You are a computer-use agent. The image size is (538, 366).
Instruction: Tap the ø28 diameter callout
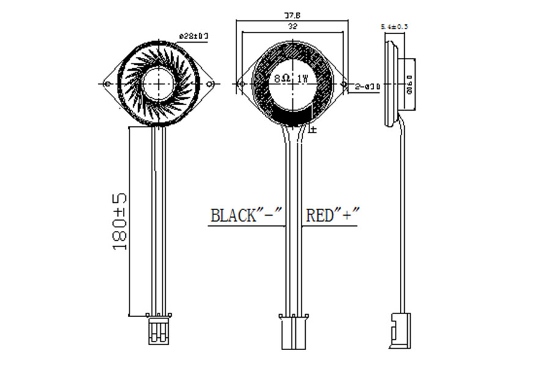[x=193, y=37]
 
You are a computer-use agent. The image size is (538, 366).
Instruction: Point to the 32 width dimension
[x=293, y=26]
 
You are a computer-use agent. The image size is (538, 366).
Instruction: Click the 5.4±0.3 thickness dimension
[x=394, y=27]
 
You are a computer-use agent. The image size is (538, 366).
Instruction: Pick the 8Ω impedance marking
[x=282, y=79]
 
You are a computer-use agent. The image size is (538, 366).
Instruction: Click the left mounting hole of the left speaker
[x=108, y=83]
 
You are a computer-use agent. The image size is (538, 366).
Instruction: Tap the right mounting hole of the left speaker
[x=210, y=83]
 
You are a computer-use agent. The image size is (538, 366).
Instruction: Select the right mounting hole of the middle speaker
[x=344, y=84]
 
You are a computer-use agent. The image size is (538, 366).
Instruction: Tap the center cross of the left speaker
[x=160, y=83]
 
